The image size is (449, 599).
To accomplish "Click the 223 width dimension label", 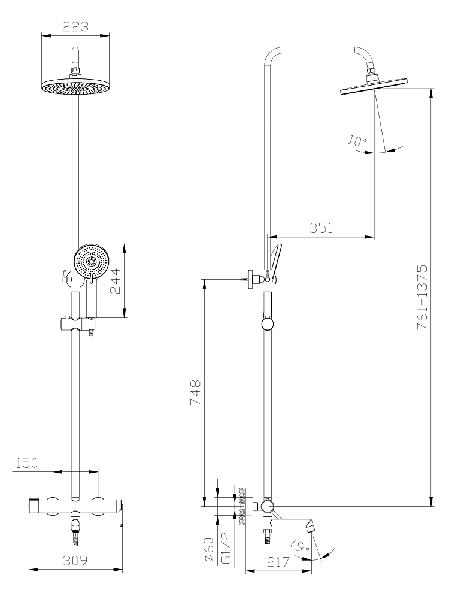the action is pyautogui.click(x=75, y=27).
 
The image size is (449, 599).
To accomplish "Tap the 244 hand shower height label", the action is pyautogui.click(x=116, y=281).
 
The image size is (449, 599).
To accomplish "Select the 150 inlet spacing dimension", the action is pyautogui.click(x=27, y=462).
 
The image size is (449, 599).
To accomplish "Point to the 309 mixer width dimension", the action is pyautogui.click(x=75, y=561).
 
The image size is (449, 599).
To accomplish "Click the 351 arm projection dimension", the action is pyautogui.click(x=321, y=228).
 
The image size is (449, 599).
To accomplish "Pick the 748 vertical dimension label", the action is pyautogui.click(x=195, y=393).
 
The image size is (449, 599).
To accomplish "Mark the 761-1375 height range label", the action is pyautogui.click(x=422, y=297).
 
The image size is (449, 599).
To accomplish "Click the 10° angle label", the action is pyautogui.click(x=357, y=141).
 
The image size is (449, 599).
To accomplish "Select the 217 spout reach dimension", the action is pyautogui.click(x=278, y=562).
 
